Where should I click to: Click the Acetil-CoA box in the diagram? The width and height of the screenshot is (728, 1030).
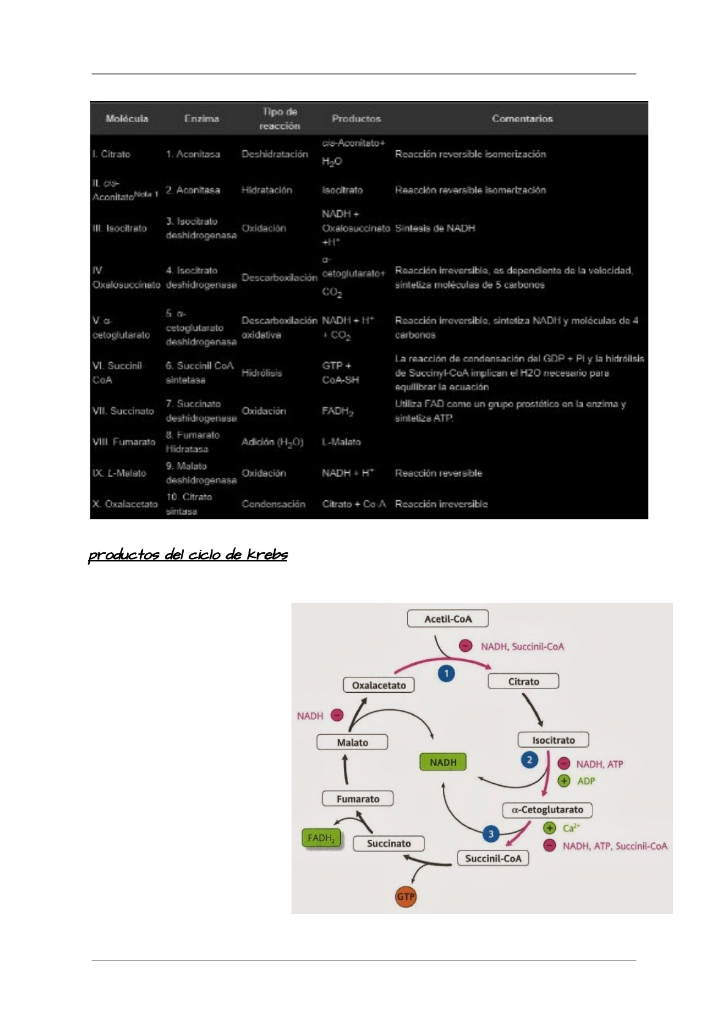click(x=448, y=619)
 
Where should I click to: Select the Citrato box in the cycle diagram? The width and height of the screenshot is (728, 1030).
click(x=523, y=681)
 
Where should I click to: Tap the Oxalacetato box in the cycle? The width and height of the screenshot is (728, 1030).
click(x=379, y=685)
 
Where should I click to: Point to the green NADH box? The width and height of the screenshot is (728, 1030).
click(x=443, y=762)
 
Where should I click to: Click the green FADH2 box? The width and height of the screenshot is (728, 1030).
click(x=321, y=838)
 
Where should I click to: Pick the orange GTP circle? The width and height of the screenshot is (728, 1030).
click(x=406, y=896)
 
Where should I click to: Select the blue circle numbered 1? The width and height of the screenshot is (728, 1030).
click(x=446, y=673)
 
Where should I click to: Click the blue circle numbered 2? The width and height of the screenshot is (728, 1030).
click(x=530, y=760)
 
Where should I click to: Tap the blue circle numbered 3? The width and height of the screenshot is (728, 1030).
click(x=491, y=834)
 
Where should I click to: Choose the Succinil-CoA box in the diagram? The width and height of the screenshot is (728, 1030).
click(x=493, y=858)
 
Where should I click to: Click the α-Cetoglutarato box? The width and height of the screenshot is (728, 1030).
click(x=547, y=809)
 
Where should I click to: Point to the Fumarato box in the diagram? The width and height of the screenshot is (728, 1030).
click(x=358, y=798)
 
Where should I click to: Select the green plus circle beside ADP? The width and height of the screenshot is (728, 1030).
click(x=564, y=781)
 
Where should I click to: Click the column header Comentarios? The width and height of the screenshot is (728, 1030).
click(x=522, y=119)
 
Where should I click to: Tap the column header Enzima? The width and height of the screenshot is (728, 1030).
click(x=202, y=119)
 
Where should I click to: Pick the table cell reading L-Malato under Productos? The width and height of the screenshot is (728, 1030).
click(x=341, y=442)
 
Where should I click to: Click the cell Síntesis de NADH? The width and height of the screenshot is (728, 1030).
click(x=435, y=228)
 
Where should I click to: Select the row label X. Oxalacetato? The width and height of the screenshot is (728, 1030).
click(x=125, y=504)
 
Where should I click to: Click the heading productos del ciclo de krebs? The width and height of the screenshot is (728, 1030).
click(x=188, y=555)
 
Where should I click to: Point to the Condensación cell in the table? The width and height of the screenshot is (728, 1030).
click(x=273, y=504)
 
